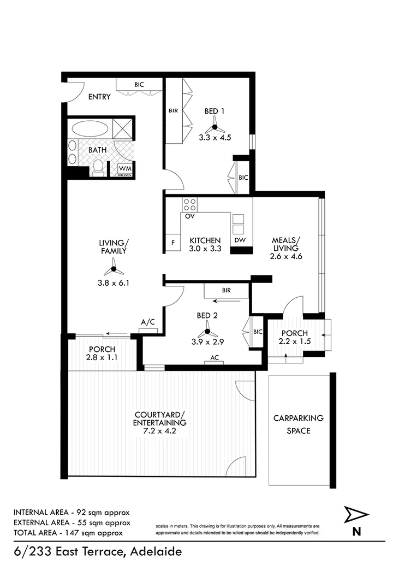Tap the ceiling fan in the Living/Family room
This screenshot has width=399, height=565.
coord(113,269)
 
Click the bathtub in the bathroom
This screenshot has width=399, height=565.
coord(90,129)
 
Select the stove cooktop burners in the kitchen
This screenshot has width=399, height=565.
coord(189,205)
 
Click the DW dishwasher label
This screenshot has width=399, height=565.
coord(239,240)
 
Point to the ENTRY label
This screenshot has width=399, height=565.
coord(99,97)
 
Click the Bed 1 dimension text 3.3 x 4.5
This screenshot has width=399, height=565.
coord(215,138)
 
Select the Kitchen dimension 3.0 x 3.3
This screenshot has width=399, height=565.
coord(205,249)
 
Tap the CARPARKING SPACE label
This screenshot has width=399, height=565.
coord(298,424)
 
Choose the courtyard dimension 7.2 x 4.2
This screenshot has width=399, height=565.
coord(160,431)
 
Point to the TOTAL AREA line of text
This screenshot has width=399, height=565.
coord(68,532)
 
